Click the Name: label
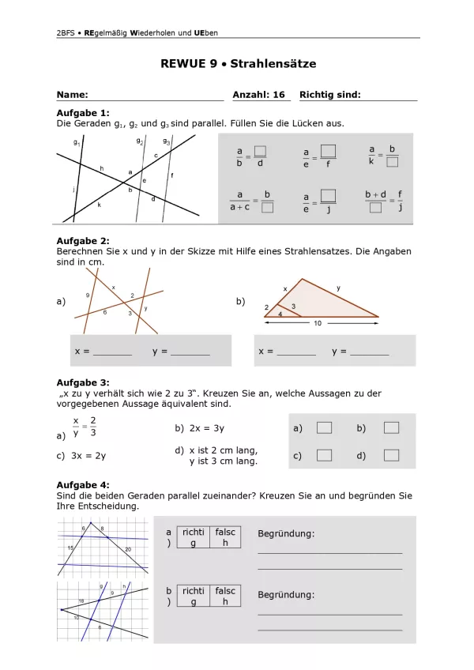pyautogui.click(x=72, y=95)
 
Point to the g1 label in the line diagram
pyautogui.click(x=77, y=144)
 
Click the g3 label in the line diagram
pyautogui.click(x=167, y=141)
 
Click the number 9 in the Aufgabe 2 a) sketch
pyautogui.click(x=88, y=295)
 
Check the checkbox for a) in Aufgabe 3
pyautogui.click(x=324, y=428)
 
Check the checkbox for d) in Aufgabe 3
pyautogui.click(x=391, y=455)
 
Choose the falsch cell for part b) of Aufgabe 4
pyautogui.click(x=225, y=596)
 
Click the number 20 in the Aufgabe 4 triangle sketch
pyautogui.click(x=128, y=549)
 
